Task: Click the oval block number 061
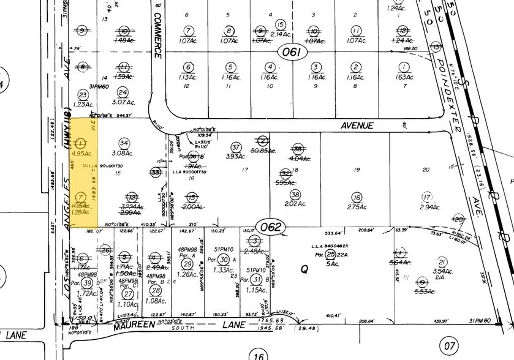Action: click(x=292, y=52)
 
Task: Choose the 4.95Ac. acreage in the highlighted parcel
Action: click(x=81, y=155)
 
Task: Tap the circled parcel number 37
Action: click(x=236, y=147)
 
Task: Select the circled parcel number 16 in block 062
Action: click(x=356, y=197)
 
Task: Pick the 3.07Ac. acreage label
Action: click(x=124, y=103)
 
